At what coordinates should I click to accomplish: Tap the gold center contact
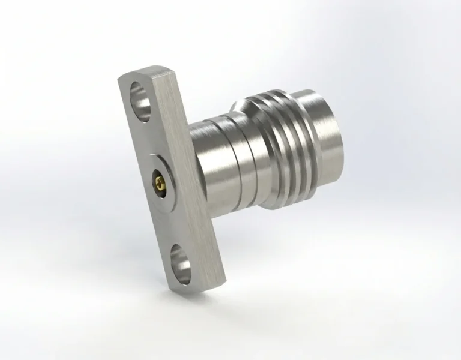pyautogui.click(x=158, y=179)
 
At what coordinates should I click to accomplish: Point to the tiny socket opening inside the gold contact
pyautogui.click(x=157, y=179)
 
